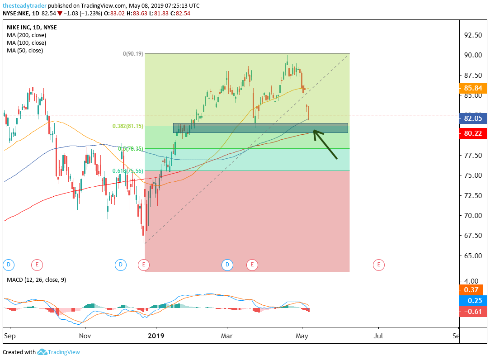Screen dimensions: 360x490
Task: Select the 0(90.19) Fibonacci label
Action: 133,54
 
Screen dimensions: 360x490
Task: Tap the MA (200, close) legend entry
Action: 26,35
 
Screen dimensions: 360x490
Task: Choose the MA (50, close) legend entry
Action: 25,50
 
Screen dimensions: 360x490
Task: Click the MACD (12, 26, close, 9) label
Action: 36,279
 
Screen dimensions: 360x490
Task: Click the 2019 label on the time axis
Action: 156,336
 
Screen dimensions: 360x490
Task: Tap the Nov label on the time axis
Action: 85,336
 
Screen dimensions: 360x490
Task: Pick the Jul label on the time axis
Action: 378,336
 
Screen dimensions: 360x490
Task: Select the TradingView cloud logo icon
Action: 42,352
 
